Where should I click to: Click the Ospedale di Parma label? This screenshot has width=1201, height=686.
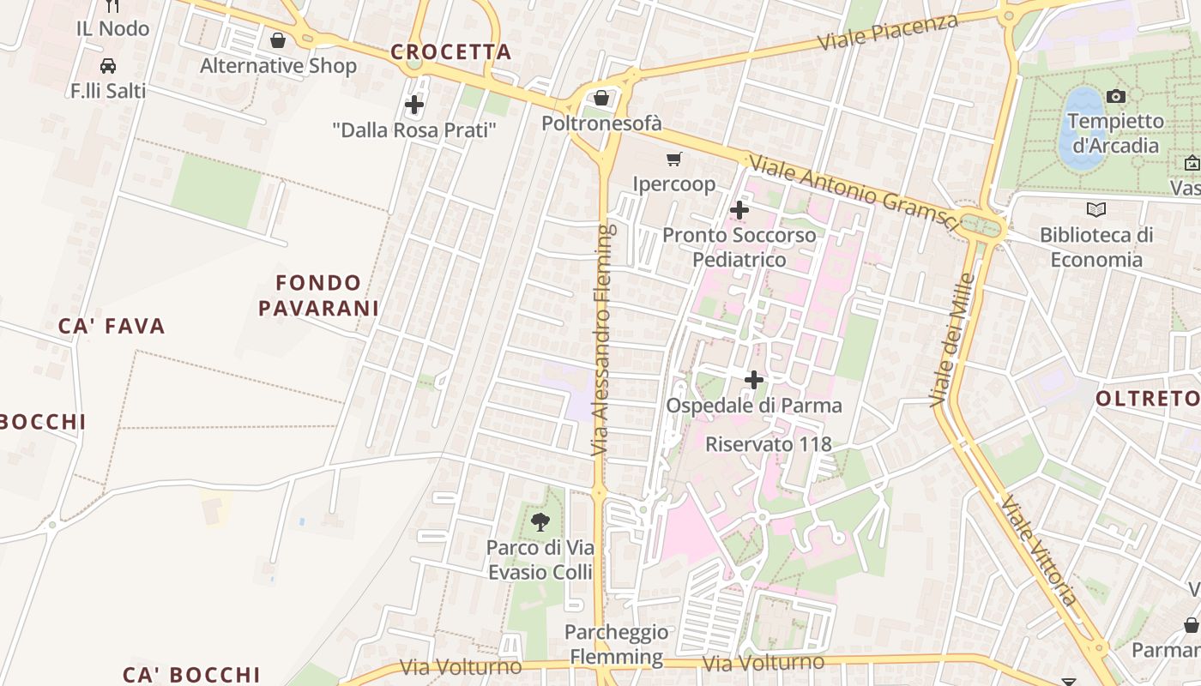click(754, 406)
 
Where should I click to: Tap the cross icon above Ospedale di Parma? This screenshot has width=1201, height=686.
click(754, 380)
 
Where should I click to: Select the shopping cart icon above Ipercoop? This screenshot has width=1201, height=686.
click(674, 159)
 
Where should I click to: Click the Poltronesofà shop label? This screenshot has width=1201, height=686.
click(601, 123)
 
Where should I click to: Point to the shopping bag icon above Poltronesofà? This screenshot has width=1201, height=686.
click(601, 98)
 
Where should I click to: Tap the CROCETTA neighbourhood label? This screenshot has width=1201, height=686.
click(451, 52)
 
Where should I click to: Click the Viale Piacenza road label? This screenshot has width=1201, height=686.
click(887, 32)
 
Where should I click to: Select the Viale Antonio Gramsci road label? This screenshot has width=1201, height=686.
click(853, 192)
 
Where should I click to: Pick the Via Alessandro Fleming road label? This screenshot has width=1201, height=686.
click(603, 340)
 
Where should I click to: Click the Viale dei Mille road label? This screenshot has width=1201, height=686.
click(952, 340)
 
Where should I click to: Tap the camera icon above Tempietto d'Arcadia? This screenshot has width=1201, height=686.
click(1116, 96)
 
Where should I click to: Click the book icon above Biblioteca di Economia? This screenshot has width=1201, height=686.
click(1095, 209)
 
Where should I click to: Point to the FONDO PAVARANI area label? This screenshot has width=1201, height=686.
click(319, 295)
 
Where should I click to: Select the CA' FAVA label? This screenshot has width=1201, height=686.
click(112, 326)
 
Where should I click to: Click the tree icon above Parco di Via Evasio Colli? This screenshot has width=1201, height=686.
click(540, 521)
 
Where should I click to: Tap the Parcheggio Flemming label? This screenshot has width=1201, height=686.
click(616, 645)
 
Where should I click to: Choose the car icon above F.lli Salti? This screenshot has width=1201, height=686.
click(108, 66)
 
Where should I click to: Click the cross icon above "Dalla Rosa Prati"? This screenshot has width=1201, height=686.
click(414, 105)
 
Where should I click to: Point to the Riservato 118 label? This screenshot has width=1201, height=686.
click(769, 444)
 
